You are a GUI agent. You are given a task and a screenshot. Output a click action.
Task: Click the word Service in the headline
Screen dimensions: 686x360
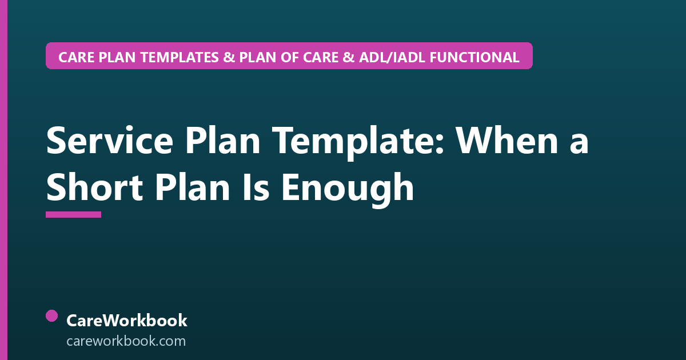[x=110, y=141]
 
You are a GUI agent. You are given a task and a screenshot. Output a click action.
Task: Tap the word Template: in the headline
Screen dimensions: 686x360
[x=358, y=143]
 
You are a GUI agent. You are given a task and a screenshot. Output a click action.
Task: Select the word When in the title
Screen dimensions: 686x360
[x=507, y=141]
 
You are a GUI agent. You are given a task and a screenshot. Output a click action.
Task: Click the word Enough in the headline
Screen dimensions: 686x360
[x=348, y=190]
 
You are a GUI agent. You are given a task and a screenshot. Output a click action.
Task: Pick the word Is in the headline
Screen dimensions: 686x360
[x=256, y=187]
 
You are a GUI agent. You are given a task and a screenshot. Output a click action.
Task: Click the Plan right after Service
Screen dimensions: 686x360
[x=222, y=141]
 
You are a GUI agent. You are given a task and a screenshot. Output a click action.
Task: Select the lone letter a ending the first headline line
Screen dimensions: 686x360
[x=579, y=145]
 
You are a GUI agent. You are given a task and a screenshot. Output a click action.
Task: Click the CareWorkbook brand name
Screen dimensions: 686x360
[x=127, y=321]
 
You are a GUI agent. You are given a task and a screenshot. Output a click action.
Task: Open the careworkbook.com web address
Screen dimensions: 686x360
[x=126, y=341]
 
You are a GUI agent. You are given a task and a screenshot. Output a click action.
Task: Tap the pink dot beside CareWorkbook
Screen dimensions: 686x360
[x=52, y=316]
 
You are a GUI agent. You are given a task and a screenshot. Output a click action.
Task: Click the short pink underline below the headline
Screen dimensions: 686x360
[x=74, y=215]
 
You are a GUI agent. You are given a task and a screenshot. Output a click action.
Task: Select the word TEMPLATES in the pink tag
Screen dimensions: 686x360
[x=180, y=57]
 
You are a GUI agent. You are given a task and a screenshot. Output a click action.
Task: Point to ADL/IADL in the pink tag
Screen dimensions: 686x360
[x=392, y=57]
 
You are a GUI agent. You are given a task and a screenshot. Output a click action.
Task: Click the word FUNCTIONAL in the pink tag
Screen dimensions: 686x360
[x=474, y=57]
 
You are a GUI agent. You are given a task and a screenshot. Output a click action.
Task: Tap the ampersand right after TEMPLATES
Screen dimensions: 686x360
[x=229, y=57]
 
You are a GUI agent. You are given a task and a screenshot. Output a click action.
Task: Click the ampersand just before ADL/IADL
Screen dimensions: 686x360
[x=349, y=57]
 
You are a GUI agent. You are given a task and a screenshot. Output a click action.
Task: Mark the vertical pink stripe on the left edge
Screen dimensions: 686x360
[x=3, y=180]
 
